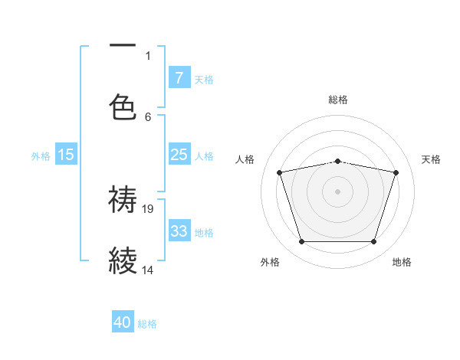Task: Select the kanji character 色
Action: pyautogui.click(x=123, y=107)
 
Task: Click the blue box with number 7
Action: pyautogui.click(x=179, y=78)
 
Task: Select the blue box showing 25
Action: pyautogui.click(x=179, y=155)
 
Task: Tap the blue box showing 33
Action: pyautogui.click(x=179, y=231)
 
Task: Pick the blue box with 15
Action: pyautogui.click(x=66, y=155)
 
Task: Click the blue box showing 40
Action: pyautogui.click(x=123, y=322)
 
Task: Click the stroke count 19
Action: pyautogui.click(x=149, y=208)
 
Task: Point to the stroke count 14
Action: pyautogui.click(x=149, y=270)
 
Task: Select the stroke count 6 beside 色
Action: pyautogui.click(x=148, y=117)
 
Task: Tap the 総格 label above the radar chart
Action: pyautogui.click(x=338, y=100)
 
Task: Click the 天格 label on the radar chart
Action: pyautogui.click(x=431, y=159)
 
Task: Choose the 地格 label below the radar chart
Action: pyautogui.click(x=402, y=262)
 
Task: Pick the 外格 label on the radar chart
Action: pyautogui.click(x=270, y=262)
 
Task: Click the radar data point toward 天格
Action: pyautogui.click(x=396, y=172)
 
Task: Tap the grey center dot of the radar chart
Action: pyautogui.click(x=338, y=191)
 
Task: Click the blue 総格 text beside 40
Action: pyautogui.click(x=147, y=324)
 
